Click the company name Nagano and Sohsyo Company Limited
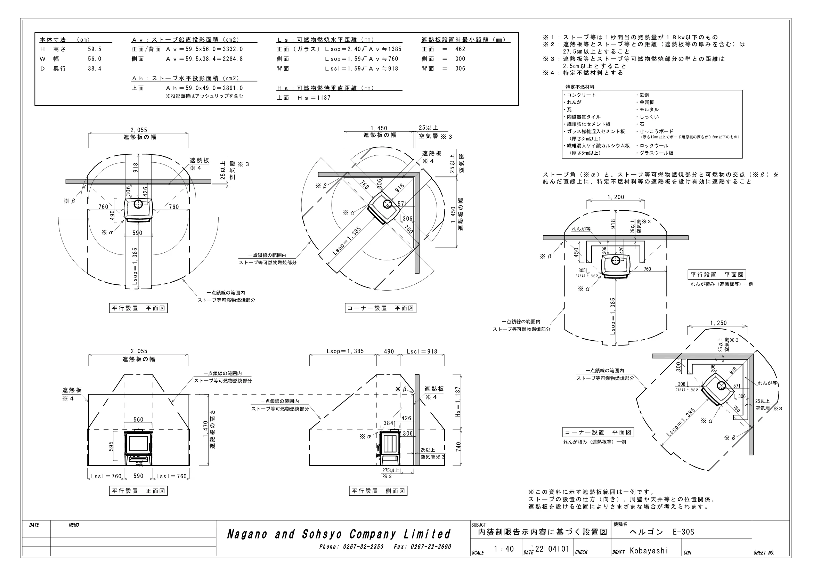pos(339,534)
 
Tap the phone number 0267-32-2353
pos(363,547)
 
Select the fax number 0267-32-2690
pos(431,547)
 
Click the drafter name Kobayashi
pos(649,551)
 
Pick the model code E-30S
pos(684,532)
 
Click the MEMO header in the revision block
pos(74,525)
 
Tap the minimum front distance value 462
pos(460,49)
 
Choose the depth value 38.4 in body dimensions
pos(95,69)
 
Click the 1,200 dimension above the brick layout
pos(616,197)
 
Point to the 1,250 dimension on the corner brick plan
pos(718,323)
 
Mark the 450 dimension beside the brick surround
pos(576,252)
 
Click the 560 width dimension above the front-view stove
pos(138,420)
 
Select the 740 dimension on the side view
pos(458,447)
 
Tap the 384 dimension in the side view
pos(389,423)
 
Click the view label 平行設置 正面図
pos(138,491)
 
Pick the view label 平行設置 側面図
pos(378,491)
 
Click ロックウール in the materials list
pos(654,146)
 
